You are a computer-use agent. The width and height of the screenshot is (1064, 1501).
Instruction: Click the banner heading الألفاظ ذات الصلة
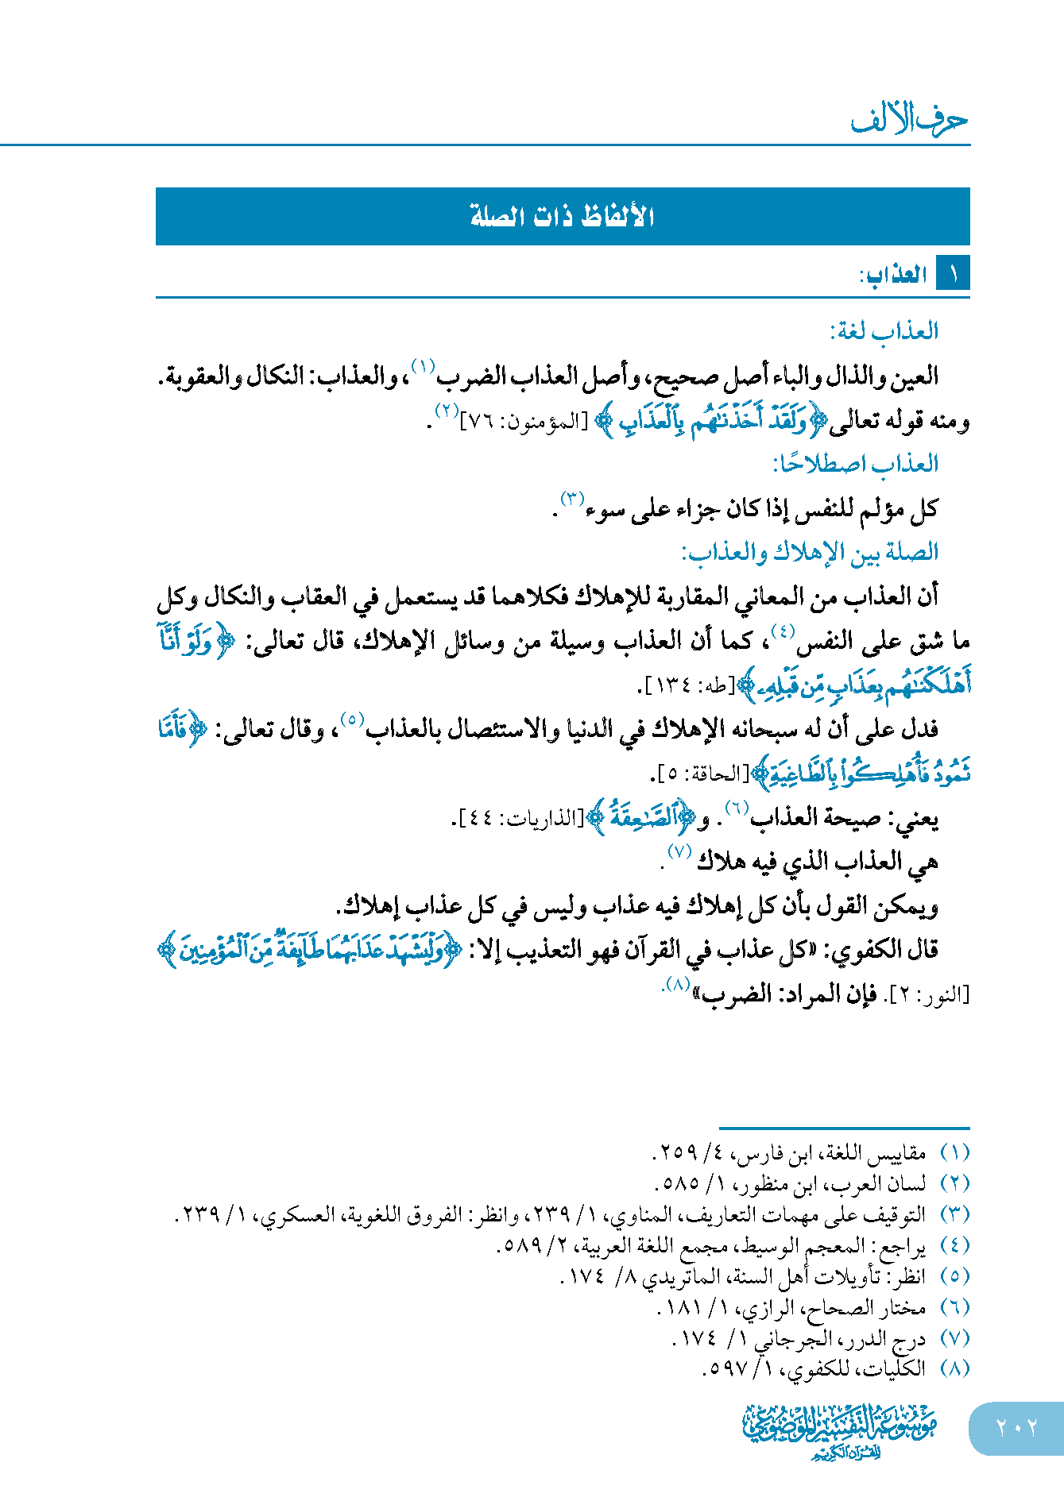(x=562, y=216)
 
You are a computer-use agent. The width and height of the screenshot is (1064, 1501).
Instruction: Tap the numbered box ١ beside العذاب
(x=953, y=275)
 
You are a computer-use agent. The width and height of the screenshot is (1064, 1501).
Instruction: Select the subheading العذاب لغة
(x=884, y=330)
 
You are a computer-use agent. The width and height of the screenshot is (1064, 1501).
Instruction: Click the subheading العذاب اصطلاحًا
(x=856, y=463)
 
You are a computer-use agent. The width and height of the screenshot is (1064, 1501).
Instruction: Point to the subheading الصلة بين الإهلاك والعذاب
(x=810, y=552)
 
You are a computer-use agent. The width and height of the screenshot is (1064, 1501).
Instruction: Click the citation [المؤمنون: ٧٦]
(x=524, y=422)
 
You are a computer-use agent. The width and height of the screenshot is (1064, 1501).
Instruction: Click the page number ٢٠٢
(x=1016, y=1428)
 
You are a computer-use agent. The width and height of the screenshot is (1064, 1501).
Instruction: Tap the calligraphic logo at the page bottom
(x=840, y=1430)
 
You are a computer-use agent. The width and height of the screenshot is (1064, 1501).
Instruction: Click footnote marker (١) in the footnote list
(x=954, y=1152)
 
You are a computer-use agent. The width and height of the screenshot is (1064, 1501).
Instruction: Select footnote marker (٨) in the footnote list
(x=954, y=1368)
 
